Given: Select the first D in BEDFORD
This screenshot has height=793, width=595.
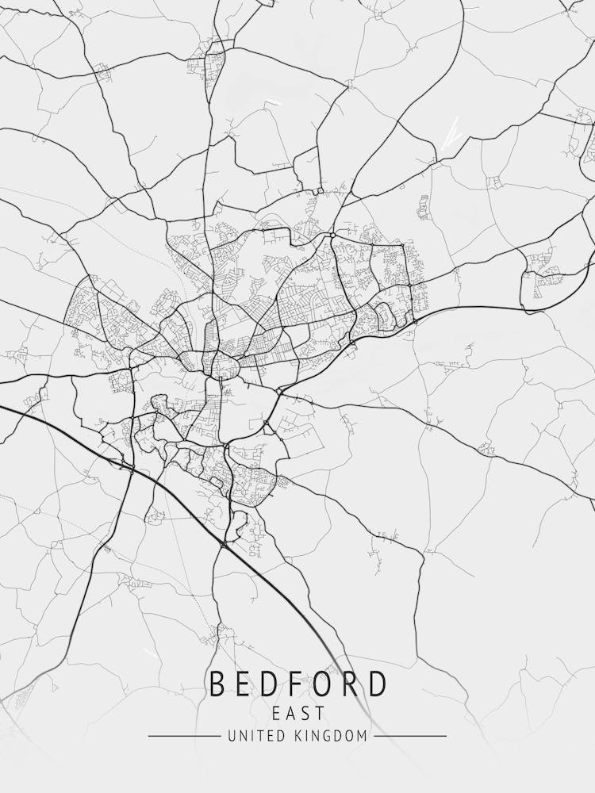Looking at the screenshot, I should point(273,684).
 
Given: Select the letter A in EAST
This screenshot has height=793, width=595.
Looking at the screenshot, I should point(290,713).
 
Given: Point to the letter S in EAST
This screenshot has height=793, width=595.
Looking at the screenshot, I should point(305,713).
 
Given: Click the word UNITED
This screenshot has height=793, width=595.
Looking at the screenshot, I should point(254,737).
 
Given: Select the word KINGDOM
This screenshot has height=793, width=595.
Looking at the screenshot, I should point(332,737).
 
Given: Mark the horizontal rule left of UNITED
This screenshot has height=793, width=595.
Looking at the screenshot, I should point(184,737).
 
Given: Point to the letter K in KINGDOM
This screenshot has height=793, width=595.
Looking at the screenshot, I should point(300,737).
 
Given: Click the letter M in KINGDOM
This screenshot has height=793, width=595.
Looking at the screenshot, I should point(363,737).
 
